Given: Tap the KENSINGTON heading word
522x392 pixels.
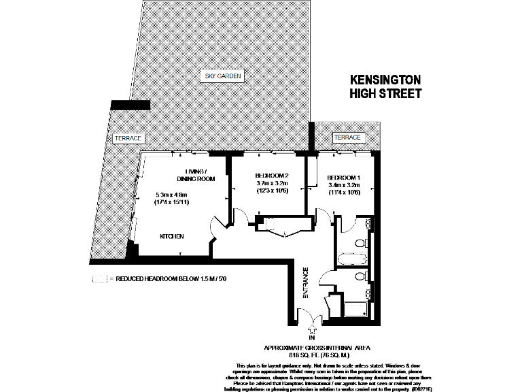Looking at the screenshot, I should (385, 80).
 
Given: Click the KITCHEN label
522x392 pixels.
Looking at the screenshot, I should (171, 236).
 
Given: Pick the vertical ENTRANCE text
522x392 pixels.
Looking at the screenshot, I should (306, 284).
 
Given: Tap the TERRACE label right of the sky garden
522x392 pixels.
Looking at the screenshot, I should (347, 138).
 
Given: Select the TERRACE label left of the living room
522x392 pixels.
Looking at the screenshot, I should (128, 138).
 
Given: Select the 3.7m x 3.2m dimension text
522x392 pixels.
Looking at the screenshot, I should (272, 183).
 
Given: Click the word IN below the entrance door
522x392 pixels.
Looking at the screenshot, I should (312, 338).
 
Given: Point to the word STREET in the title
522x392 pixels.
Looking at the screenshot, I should (398, 94).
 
